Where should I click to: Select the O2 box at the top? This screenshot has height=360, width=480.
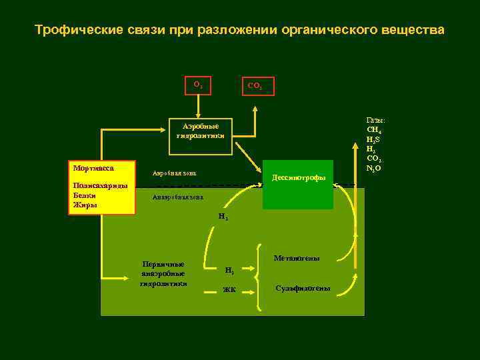pos(198,85)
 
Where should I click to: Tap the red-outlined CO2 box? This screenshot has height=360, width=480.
pos(255,85)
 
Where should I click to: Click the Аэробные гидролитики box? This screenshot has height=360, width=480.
pos(200,131)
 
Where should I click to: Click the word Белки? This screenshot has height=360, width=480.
pos(85,195)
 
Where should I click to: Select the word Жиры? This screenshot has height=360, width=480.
pos(85,205)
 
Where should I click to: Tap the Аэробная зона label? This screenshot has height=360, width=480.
pos(175,173)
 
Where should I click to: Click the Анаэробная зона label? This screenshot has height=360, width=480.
pos(178,197)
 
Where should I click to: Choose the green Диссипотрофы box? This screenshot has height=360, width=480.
pos(298,178)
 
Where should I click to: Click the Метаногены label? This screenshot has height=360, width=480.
pos(297,258)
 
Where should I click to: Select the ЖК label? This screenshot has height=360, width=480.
pos(229,289)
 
